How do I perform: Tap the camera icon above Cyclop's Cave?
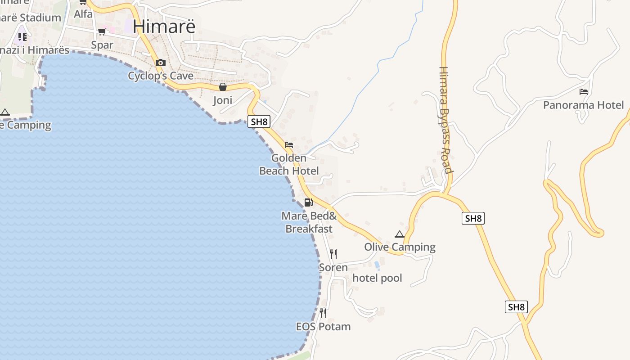(161, 63)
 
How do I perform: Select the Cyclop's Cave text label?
(161, 76)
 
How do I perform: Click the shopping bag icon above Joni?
(222, 87)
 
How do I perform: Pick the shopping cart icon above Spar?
(102, 32)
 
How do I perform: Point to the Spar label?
(102, 45)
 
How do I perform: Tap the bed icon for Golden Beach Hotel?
(289, 145)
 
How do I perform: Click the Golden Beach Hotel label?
(289, 164)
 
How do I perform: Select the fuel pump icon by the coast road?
(308, 202)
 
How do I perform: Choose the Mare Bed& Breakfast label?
(309, 222)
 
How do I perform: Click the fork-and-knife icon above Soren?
(333, 254)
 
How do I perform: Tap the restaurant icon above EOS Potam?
(323, 313)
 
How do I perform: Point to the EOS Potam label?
(323, 326)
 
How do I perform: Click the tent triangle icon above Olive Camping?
(400, 234)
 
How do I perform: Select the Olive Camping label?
(400, 247)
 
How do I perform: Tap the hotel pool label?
(377, 278)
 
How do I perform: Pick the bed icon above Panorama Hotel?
(584, 92)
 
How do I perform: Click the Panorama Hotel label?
(584, 105)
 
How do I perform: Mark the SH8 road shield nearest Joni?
(259, 121)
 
